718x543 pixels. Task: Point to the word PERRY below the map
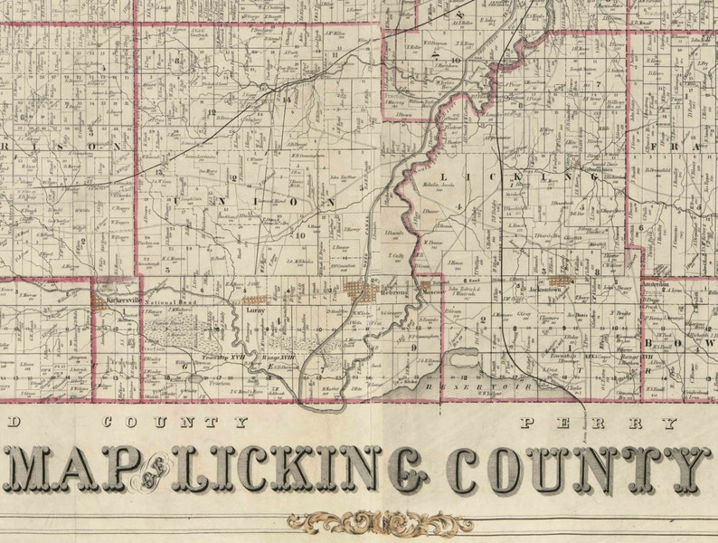pos(600,423)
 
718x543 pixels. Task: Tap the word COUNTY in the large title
pos(577,469)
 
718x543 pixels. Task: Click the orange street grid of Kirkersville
pos(100,302)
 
